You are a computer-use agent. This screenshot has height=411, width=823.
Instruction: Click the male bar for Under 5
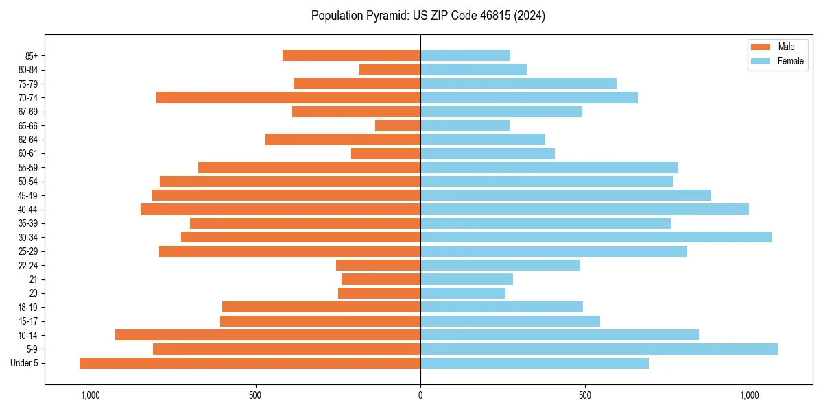tap(250, 363)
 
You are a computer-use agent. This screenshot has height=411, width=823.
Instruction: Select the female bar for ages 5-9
tap(599, 349)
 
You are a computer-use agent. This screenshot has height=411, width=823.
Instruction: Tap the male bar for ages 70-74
tap(288, 97)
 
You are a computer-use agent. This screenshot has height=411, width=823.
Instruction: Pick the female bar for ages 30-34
tap(595, 237)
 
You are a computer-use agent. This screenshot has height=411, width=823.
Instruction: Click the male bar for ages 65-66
tap(398, 125)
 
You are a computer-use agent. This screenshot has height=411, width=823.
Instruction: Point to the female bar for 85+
tap(465, 55)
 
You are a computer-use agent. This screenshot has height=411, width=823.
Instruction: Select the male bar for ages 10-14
tap(267, 335)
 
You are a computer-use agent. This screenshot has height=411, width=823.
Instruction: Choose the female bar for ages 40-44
tap(584, 209)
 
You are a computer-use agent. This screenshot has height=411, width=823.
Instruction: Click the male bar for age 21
tap(381, 279)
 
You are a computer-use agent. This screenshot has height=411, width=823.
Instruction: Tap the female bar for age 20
tap(463, 293)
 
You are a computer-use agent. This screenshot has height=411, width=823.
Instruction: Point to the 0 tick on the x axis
tap(420, 395)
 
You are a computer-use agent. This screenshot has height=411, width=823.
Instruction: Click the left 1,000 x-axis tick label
tap(91, 395)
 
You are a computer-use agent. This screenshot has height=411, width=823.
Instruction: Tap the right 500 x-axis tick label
tap(585, 395)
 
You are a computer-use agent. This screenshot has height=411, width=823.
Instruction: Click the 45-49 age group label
tap(27, 195)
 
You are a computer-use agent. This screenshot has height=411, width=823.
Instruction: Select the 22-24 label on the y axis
tap(27, 265)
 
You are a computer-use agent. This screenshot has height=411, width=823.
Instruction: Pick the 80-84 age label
tap(27, 70)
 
